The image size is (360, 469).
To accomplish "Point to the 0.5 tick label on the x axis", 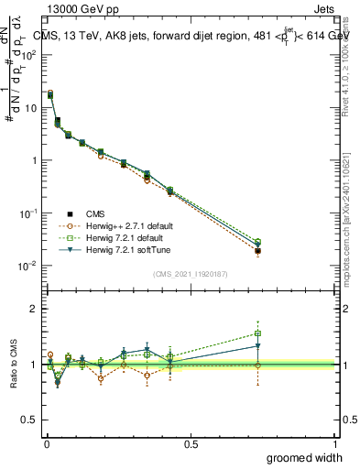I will (x=191, y=442).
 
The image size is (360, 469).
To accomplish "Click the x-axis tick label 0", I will (x=46, y=442).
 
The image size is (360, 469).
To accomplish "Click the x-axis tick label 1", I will (x=336, y=442).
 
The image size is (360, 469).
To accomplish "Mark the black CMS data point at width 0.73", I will (x=258, y=251).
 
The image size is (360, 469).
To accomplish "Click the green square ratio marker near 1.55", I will (x=258, y=333).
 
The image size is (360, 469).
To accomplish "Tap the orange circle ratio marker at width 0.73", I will (x=258, y=365).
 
